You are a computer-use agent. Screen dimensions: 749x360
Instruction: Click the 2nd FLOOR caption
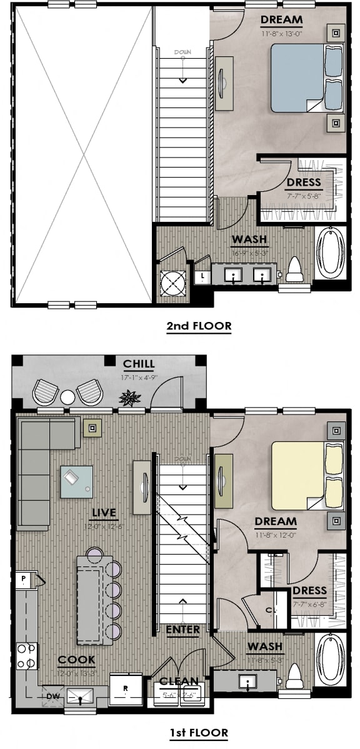click(199, 326)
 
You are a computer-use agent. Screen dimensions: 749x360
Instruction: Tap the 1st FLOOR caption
click(199, 732)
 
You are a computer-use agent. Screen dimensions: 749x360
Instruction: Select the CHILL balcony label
click(139, 364)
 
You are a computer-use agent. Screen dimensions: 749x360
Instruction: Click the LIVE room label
click(104, 513)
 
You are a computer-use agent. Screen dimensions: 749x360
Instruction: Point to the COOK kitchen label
click(76, 660)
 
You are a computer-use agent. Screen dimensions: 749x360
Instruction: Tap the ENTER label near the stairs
click(183, 629)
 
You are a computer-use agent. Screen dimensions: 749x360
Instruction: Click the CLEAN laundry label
click(179, 681)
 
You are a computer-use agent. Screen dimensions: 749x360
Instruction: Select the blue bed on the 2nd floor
click(297, 78)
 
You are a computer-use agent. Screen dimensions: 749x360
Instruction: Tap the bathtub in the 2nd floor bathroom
click(329, 253)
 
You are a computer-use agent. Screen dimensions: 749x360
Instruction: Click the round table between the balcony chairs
click(67, 396)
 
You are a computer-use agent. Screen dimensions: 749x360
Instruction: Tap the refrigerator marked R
click(126, 690)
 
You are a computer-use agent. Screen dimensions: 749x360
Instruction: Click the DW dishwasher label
click(52, 695)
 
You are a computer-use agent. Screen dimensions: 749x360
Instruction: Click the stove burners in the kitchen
click(27, 656)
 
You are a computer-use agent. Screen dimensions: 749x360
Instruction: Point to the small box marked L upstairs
click(202, 276)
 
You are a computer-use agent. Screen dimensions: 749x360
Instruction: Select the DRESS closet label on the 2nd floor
click(304, 183)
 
